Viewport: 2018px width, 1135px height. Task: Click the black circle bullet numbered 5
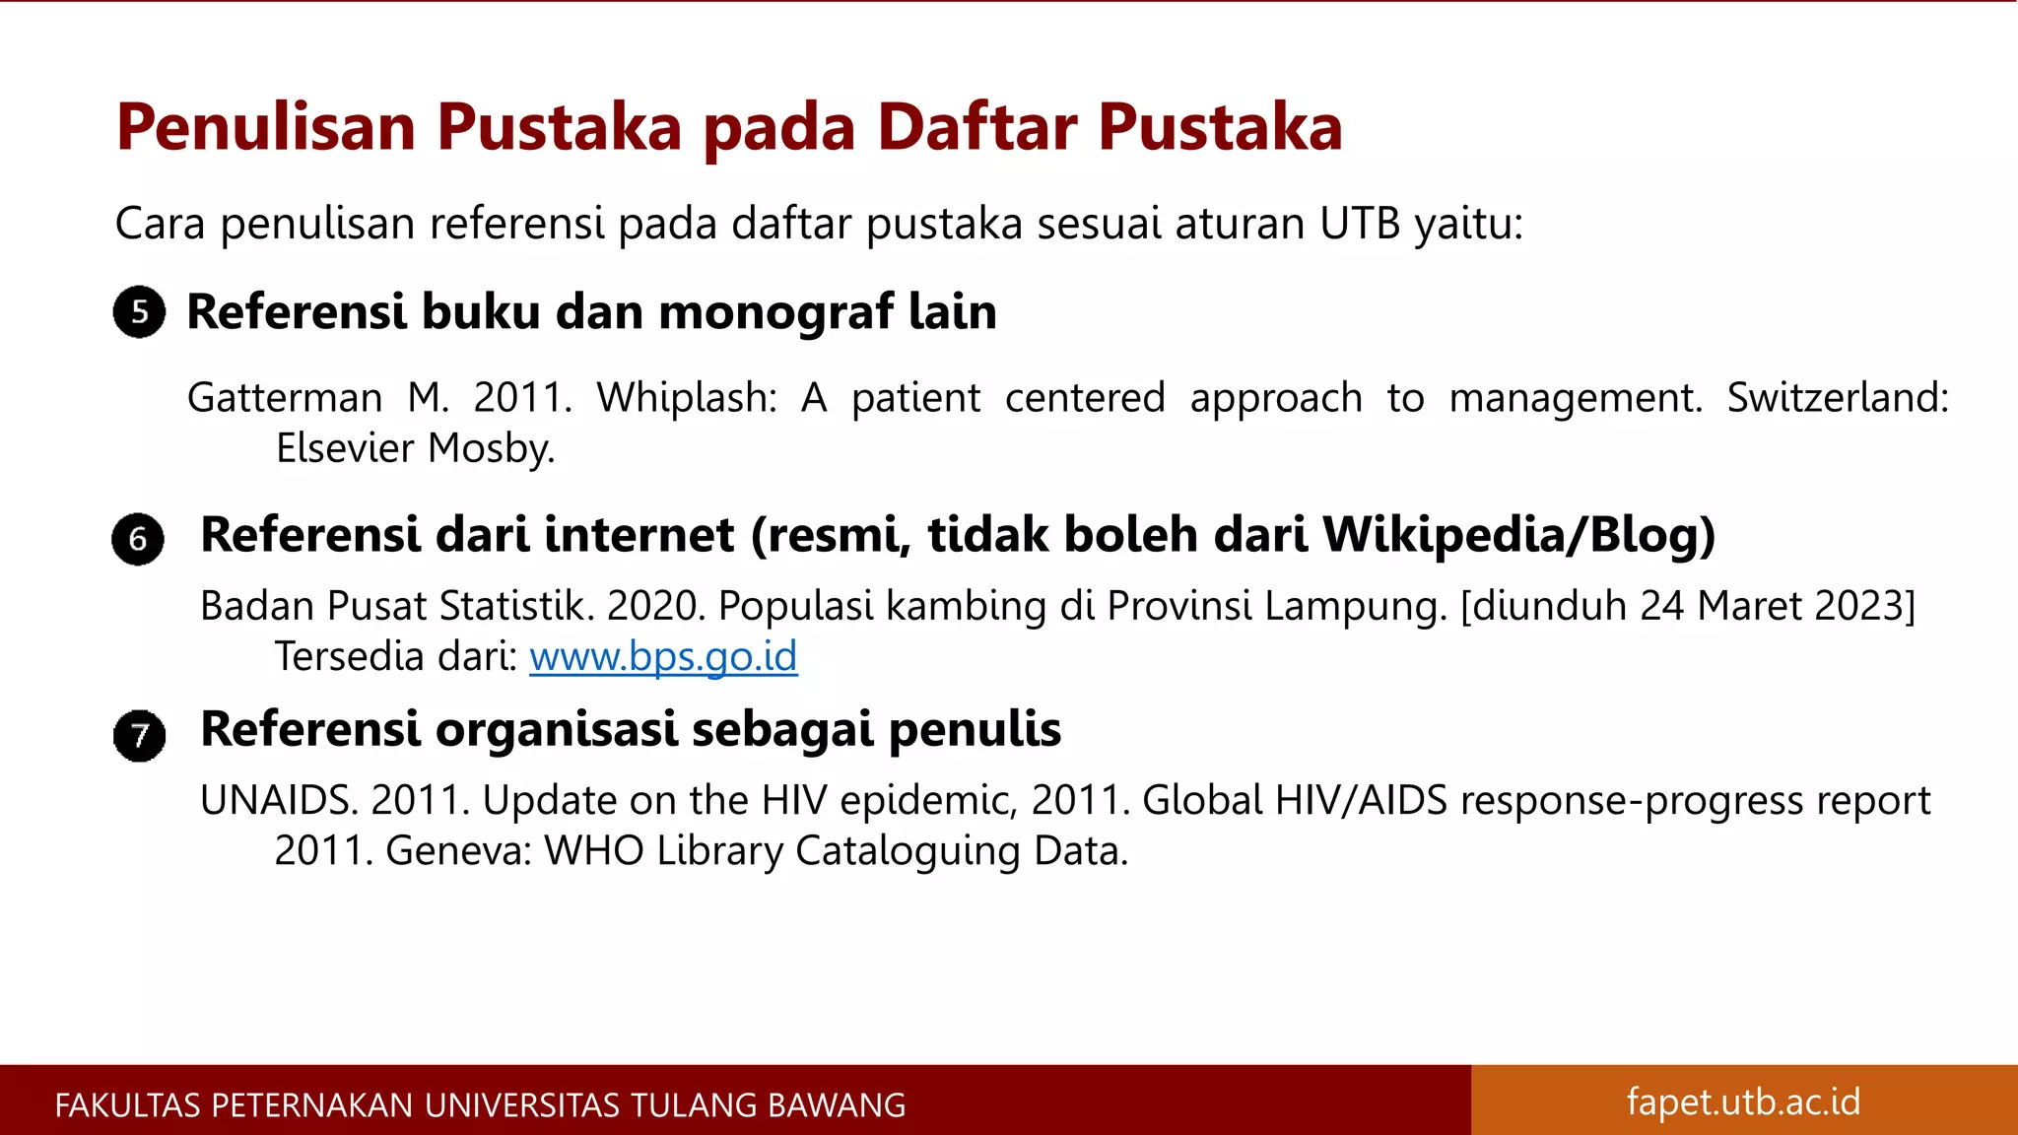(x=139, y=312)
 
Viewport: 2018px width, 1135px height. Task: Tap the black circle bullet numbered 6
(x=138, y=539)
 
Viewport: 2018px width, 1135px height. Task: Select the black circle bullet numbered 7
(x=139, y=735)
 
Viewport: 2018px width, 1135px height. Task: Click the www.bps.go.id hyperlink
(x=663, y=656)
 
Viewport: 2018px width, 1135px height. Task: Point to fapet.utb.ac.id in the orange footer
(x=1743, y=1102)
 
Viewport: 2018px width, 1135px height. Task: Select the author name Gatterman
(x=285, y=398)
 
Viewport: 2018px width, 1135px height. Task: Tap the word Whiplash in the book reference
(x=687, y=398)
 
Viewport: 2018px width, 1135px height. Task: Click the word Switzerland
(x=1838, y=398)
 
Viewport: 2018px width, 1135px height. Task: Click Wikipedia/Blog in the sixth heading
(x=1518, y=535)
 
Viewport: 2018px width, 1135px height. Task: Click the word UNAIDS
(x=279, y=800)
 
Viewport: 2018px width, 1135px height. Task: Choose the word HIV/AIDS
(x=1361, y=800)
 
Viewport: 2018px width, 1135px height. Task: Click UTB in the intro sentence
(x=1360, y=224)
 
